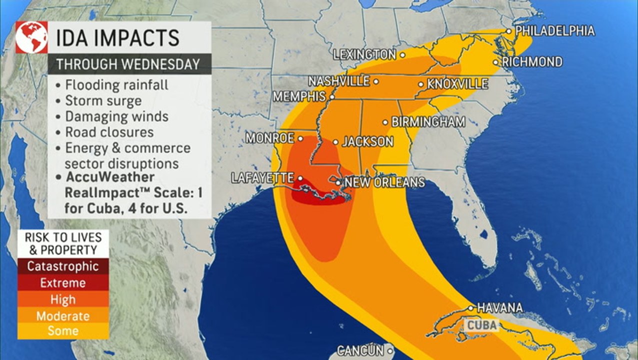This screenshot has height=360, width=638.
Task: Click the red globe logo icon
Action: [31, 37]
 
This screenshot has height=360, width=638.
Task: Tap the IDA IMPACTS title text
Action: [117, 38]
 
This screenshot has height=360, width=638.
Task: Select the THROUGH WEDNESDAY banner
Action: [127, 64]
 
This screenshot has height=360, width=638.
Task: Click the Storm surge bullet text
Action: [103, 101]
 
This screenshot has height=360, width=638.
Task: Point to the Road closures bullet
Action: [109, 132]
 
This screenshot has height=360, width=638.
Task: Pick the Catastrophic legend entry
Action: [62, 266]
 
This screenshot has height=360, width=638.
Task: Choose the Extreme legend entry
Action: [62, 283]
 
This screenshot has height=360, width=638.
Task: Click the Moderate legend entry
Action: [62, 316]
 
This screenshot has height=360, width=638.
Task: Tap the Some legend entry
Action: [62, 330]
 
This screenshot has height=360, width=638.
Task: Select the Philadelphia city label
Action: [555, 31]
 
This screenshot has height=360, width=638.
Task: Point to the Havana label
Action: [499, 307]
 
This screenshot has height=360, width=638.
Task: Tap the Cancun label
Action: [360, 350]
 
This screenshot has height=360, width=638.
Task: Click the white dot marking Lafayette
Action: [300, 178]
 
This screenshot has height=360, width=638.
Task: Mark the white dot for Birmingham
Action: [385, 122]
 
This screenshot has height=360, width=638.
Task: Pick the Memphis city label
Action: [299, 96]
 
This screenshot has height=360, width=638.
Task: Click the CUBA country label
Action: [482, 326]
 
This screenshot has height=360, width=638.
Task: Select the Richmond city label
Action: [532, 62]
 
